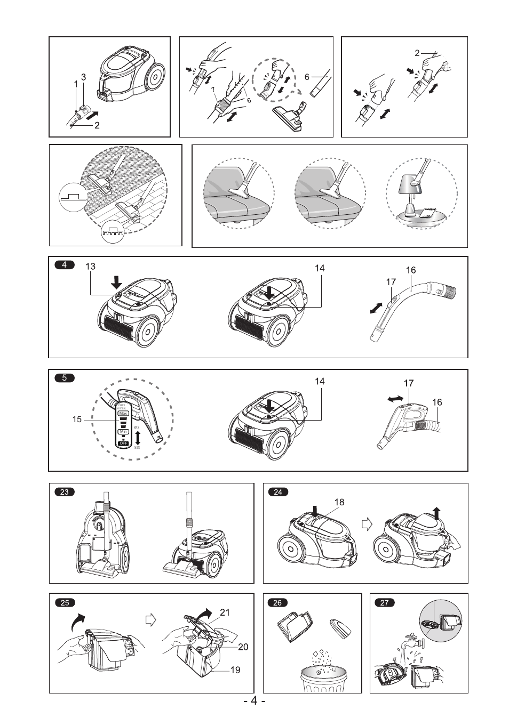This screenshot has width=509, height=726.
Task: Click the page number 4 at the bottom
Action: [254, 701]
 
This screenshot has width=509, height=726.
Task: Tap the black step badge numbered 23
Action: [65, 492]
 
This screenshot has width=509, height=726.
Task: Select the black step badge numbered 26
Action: [277, 602]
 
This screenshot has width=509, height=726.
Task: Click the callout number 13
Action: [90, 267]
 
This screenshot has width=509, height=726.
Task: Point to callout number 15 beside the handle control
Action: [77, 420]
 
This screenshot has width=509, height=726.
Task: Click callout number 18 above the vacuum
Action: [340, 502]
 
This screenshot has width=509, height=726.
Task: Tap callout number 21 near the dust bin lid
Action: [225, 612]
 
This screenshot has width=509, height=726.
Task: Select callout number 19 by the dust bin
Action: [235, 670]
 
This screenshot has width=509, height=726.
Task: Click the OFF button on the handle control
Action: [124, 443]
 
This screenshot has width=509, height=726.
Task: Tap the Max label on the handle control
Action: [124, 413]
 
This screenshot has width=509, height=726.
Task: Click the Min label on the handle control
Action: [124, 431]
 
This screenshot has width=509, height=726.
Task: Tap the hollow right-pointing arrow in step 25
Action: [152, 620]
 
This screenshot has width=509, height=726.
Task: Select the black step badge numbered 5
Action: [65, 378]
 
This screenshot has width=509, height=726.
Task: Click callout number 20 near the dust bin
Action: [243, 647]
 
